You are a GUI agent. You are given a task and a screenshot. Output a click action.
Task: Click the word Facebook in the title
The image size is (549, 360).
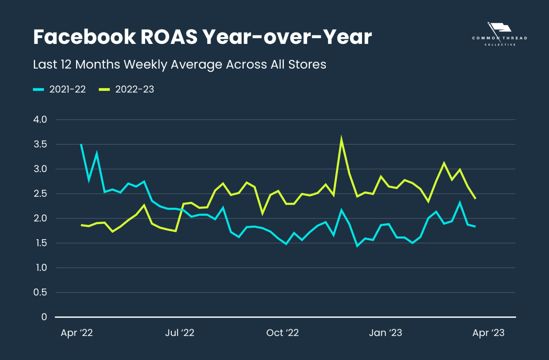coord(84,37)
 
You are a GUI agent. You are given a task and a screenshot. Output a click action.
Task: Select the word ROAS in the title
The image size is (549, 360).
coord(169,37)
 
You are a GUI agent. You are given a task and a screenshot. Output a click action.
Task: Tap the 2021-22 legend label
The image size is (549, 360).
coord(68,89)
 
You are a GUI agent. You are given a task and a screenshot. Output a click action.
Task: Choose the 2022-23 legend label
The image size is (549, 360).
coord(134,89)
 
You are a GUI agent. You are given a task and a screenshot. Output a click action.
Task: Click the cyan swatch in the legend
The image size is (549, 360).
coord(38,89)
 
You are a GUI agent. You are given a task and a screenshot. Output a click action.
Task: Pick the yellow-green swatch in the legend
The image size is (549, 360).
coord(104,89)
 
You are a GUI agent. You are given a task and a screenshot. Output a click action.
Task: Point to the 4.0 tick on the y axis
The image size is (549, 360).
coord(40,120)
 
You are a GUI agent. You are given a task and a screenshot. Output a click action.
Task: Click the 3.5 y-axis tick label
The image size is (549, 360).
coord(40,144)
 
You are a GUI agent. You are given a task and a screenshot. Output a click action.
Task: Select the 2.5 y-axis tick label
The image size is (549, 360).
coord(40,194)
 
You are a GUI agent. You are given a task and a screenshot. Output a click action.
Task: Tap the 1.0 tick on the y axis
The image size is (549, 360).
coord(41,267)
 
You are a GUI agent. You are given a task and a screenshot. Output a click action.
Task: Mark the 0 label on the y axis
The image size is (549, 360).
coord(44,317)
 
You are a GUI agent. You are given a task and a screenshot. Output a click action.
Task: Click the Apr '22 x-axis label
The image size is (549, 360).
coord(76,333)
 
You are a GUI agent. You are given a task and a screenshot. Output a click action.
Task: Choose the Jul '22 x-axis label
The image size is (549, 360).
coord(179,333)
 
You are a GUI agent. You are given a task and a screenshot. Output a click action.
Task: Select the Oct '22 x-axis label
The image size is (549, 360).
coord(282,333)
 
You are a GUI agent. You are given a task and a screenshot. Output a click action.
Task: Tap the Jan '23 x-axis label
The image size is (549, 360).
coord(385,333)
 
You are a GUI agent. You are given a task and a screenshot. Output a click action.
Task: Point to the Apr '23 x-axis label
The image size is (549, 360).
coord(488,333)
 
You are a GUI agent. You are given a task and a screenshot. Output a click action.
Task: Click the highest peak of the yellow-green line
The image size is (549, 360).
coord(341,138)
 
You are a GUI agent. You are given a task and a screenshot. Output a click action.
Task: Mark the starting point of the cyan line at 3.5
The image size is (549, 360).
coord(81,144)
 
